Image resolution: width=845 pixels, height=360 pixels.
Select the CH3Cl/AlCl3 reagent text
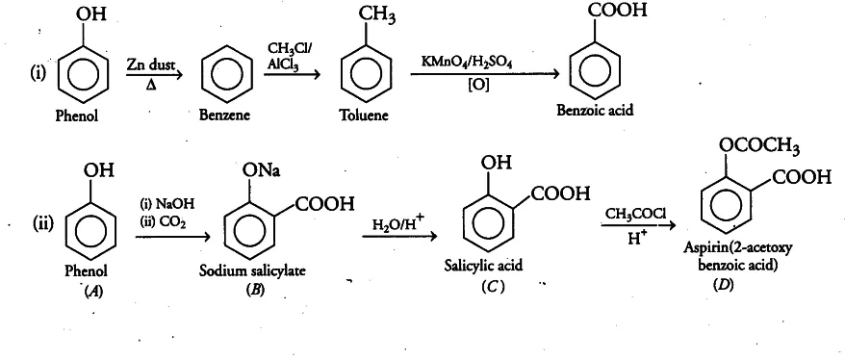[289, 56]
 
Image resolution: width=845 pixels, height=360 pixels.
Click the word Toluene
[364, 116]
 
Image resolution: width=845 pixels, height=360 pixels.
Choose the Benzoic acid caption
[595, 111]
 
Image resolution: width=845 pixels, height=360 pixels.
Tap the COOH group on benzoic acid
[618, 11]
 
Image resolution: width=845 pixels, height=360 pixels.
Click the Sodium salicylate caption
[252, 270]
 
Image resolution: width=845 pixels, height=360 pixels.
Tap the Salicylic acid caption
[483, 265]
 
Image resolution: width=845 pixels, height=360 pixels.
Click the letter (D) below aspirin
[722, 286]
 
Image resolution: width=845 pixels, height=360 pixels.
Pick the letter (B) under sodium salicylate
[254, 290]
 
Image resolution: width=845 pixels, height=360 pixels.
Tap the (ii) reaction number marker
[43, 223]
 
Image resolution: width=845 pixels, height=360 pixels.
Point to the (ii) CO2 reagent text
[164, 219]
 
